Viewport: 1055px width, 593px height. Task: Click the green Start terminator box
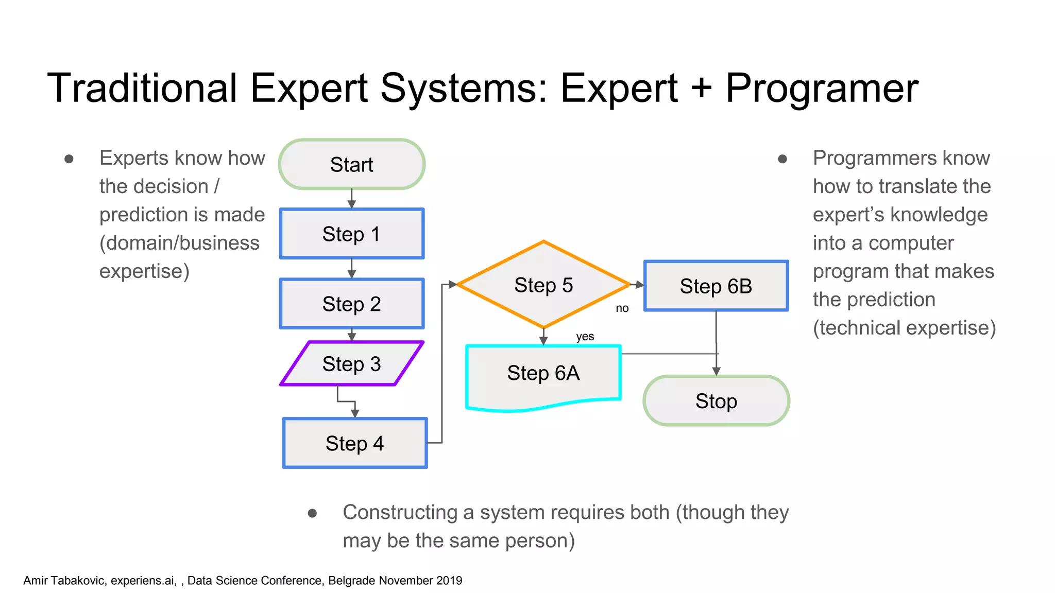[351, 164]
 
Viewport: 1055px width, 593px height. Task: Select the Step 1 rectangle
[351, 234]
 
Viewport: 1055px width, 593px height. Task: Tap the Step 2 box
[351, 304]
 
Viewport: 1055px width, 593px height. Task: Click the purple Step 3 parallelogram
[351, 363]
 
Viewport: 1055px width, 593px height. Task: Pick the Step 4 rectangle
[354, 443]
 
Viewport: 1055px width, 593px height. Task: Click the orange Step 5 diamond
[543, 285]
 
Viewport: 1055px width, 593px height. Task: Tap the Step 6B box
[716, 286]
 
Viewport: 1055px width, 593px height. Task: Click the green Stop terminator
[716, 400]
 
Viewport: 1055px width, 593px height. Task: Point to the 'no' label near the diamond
[622, 308]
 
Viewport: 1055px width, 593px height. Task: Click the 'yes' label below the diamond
[585, 337]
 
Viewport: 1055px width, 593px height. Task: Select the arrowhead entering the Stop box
[716, 371]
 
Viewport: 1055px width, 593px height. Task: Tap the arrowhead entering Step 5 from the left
[452, 284]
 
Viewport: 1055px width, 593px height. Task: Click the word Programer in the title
[822, 89]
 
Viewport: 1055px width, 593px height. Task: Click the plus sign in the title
[701, 89]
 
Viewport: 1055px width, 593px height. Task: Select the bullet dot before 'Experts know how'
[69, 159]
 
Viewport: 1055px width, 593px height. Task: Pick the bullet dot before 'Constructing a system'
[312, 513]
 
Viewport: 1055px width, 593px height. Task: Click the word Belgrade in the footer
[351, 581]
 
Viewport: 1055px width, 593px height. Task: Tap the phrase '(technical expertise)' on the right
[904, 328]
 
